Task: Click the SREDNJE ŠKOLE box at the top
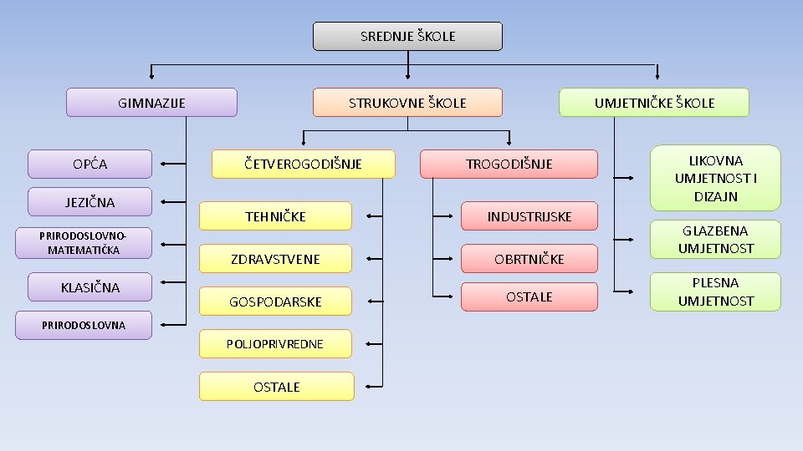point(407,37)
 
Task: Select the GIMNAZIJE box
point(151,103)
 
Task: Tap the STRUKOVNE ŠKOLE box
point(407,103)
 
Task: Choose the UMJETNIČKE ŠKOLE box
point(654,103)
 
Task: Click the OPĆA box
point(90,164)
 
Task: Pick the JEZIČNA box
point(90,202)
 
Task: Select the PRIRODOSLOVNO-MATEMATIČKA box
point(84,243)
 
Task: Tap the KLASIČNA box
point(90,287)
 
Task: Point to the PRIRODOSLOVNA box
point(84,325)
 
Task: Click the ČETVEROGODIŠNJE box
point(303,164)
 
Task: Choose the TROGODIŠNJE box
point(509,164)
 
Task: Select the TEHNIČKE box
point(275,216)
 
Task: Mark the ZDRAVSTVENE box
point(275,259)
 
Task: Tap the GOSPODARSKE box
point(275,302)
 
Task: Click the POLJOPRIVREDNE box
point(275,344)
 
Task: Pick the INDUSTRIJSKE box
point(529,216)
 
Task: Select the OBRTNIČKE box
point(529,259)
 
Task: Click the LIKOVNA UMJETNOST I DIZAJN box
point(715,178)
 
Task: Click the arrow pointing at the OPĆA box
point(172,164)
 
